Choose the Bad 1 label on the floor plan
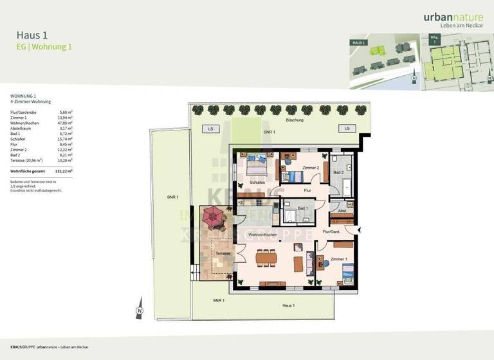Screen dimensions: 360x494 (302, 208)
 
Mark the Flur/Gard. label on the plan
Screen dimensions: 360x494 (331, 231)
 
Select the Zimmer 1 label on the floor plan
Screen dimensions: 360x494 (338, 258)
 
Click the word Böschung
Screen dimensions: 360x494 (294, 120)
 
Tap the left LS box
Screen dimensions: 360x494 (210, 129)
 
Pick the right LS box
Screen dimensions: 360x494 (347, 129)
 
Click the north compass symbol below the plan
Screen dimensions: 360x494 (139, 311)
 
